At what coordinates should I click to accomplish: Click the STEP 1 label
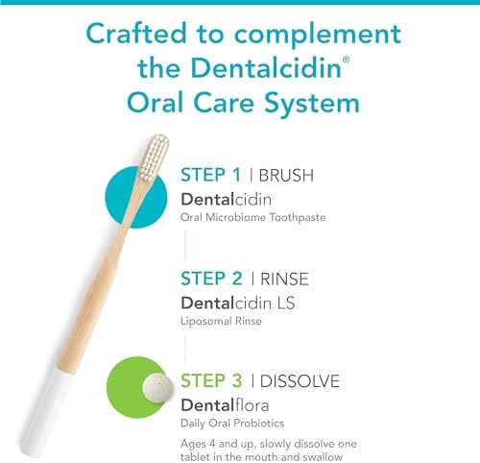tap(210, 176)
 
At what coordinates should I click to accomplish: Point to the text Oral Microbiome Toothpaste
tap(253, 217)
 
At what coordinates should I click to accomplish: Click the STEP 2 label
tap(211, 279)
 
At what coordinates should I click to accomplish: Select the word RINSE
tap(288, 279)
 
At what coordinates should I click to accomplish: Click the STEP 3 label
tap(211, 381)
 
